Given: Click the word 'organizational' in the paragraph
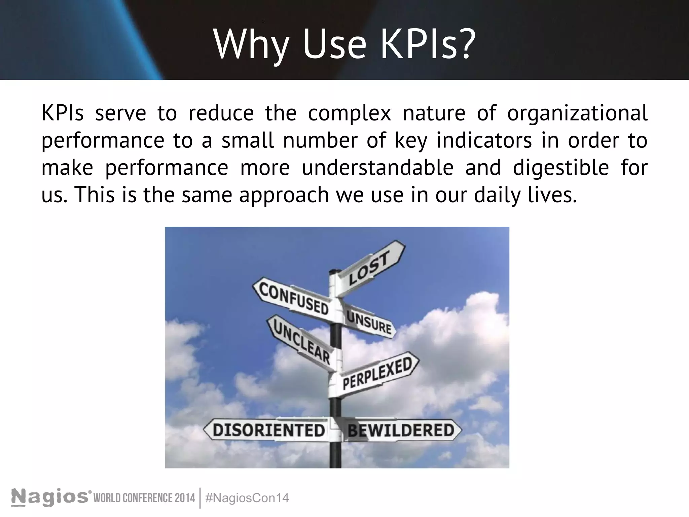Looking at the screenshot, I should coord(577,113).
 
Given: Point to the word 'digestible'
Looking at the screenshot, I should coord(561,168).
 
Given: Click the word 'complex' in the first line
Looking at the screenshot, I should coord(349,113).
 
